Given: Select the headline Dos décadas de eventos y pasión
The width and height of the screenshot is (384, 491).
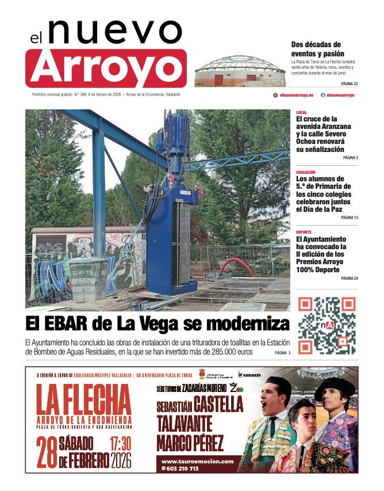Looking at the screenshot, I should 316,48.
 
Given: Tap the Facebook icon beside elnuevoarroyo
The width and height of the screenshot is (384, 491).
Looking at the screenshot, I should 322,95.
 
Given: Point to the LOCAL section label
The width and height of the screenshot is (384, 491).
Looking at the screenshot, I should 301,112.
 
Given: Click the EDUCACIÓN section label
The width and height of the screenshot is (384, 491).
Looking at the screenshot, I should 306,172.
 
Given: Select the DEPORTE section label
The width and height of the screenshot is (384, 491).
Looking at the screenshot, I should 304,232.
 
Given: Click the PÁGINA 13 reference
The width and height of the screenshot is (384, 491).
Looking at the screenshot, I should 349,218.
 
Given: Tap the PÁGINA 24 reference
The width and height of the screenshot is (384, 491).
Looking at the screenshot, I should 349,278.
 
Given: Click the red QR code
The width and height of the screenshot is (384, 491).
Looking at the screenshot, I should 327,325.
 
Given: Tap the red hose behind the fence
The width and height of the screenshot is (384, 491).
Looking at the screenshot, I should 235,264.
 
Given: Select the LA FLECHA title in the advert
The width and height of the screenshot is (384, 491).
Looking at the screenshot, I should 84,398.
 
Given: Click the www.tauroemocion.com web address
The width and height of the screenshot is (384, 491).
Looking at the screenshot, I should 197,461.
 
